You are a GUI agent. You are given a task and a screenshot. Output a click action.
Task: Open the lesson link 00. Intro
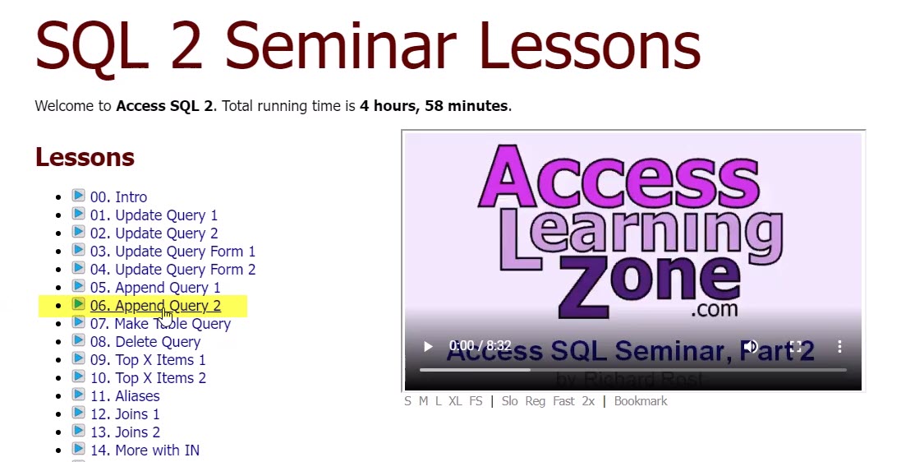pyautogui.click(x=118, y=197)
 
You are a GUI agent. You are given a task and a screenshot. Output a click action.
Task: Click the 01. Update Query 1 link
pyautogui.click(x=154, y=215)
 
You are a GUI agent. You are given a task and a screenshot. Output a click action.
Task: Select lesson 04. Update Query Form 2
pyautogui.click(x=172, y=270)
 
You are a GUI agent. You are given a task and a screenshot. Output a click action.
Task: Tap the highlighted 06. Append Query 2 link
pyautogui.click(x=155, y=306)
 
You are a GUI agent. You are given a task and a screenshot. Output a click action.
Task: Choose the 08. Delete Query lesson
pyautogui.click(x=145, y=342)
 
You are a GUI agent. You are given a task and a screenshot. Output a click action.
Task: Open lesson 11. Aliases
pyautogui.click(x=125, y=396)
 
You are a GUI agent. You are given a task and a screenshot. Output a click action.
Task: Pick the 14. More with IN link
pyautogui.click(x=145, y=450)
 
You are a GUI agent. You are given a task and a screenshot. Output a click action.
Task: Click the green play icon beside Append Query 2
pyautogui.click(x=78, y=305)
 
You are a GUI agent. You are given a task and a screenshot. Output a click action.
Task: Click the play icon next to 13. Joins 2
pyautogui.click(x=78, y=432)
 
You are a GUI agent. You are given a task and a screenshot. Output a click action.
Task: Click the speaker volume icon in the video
pyautogui.click(x=750, y=347)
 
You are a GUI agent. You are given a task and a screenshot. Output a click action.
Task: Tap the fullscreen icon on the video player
pyautogui.click(x=795, y=347)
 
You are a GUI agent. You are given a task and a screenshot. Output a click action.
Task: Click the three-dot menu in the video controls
pyautogui.click(x=839, y=347)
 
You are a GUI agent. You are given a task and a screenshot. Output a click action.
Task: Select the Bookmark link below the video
pyautogui.click(x=641, y=401)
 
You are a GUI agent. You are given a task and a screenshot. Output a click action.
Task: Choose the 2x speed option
pyautogui.click(x=588, y=401)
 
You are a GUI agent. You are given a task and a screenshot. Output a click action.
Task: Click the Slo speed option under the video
pyautogui.click(x=509, y=401)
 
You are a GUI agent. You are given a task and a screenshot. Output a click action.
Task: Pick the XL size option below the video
pyautogui.click(x=455, y=401)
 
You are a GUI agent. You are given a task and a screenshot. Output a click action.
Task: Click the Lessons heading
pyautogui.click(x=85, y=157)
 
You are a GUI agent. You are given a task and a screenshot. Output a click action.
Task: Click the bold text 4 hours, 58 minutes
pyautogui.click(x=434, y=106)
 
